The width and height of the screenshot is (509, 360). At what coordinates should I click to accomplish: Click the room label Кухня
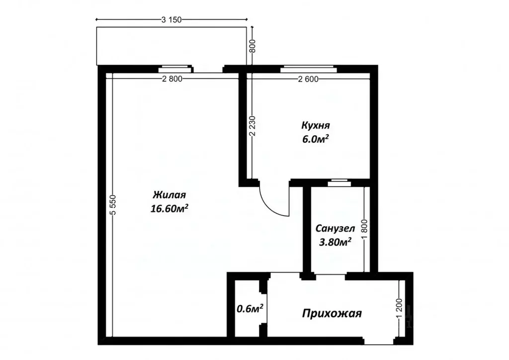316,125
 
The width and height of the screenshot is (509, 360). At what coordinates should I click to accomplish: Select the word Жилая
169,194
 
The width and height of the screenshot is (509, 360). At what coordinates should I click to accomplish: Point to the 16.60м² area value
170,209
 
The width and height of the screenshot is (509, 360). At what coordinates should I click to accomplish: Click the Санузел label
335,229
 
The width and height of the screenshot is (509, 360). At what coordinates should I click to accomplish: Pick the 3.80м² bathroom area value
335,242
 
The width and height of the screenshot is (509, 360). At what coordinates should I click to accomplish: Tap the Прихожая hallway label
332,314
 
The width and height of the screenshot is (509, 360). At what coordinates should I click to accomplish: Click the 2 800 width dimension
172,79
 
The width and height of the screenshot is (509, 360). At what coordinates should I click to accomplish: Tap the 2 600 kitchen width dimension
309,79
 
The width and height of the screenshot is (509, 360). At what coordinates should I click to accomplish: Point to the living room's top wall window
175,69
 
